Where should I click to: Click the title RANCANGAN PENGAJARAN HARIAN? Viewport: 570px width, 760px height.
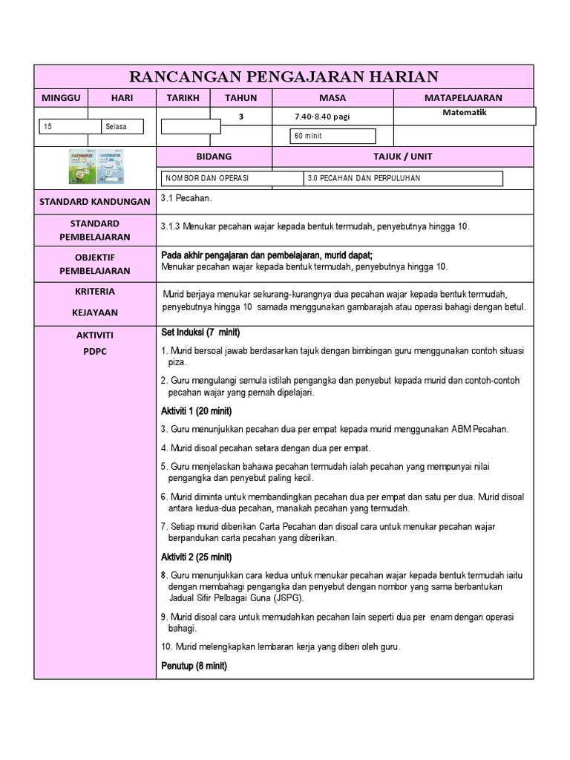(x=284, y=76)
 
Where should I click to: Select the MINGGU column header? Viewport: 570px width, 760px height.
(x=61, y=98)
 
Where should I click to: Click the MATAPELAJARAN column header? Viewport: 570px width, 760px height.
(x=463, y=98)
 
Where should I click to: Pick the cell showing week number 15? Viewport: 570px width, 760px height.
(x=69, y=127)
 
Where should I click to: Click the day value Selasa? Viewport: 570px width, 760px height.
(x=122, y=127)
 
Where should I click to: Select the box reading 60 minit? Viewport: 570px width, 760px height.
(x=334, y=137)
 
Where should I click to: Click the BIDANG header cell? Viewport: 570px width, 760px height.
(x=214, y=157)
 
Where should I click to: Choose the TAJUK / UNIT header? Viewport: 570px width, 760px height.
(x=403, y=157)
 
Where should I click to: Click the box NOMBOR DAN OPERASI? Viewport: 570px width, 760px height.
(x=232, y=179)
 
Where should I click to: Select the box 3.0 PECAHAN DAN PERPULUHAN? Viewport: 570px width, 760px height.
(x=403, y=179)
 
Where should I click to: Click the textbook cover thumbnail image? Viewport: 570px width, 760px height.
(x=96, y=167)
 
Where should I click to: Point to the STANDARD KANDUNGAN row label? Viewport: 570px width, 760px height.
(x=94, y=202)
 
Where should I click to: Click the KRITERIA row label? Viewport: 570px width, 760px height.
(x=94, y=292)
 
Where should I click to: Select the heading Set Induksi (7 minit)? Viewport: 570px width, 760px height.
(x=200, y=332)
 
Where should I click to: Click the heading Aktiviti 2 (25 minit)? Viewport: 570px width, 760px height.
(x=197, y=557)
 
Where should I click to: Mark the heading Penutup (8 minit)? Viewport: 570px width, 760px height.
(x=194, y=666)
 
